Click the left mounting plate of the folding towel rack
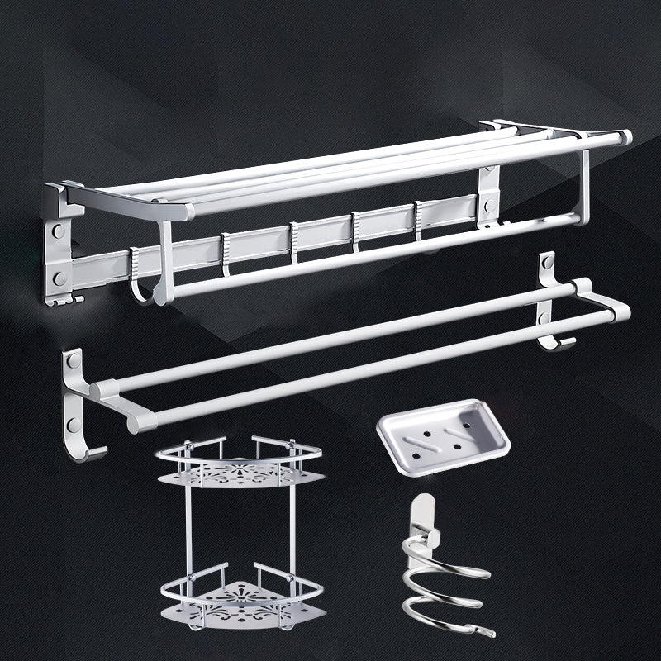click(x=58, y=248)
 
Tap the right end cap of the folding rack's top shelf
click(x=625, y=137)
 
